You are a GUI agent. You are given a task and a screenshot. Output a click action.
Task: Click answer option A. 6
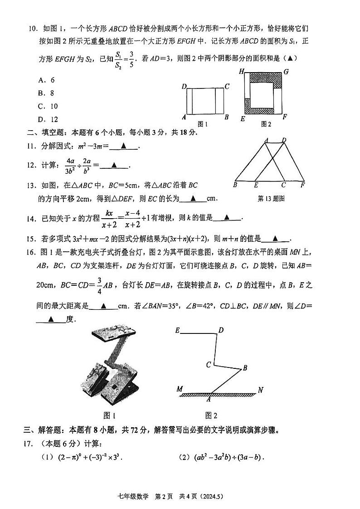47,80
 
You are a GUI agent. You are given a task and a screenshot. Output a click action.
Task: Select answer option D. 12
48,120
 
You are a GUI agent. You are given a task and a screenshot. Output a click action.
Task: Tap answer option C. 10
48,107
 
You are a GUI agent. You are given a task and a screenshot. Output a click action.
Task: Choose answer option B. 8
47,93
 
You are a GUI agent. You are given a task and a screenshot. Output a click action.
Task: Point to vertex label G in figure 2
286,72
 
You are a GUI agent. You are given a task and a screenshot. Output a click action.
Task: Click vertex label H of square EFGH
242,72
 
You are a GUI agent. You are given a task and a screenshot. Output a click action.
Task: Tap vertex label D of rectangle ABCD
184,86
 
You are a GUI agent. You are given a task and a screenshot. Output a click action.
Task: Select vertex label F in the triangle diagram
302,185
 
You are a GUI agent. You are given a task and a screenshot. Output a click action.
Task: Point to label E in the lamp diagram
177,331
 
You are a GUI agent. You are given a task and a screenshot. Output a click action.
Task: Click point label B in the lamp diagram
245,368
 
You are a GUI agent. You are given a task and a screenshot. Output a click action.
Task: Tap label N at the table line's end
260,390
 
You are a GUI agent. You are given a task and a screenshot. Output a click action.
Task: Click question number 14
33,218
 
